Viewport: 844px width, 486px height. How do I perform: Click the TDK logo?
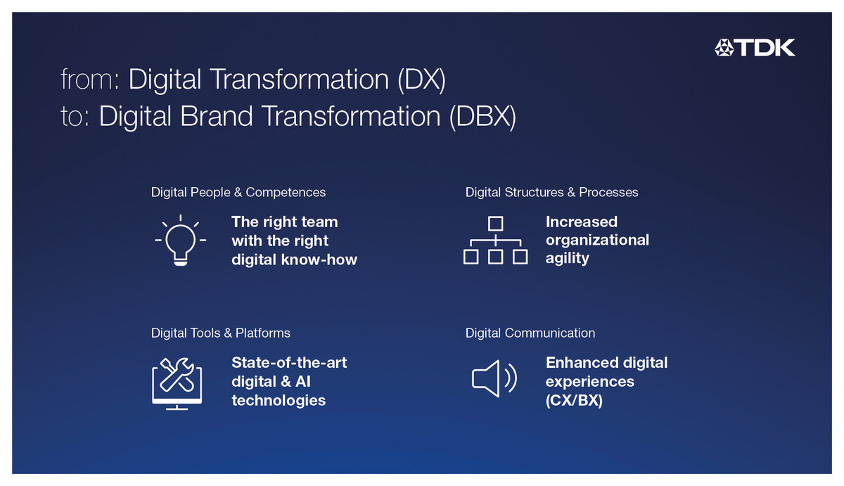755,48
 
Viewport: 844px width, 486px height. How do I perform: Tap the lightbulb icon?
181,241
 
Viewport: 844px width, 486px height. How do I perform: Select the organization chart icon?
495,241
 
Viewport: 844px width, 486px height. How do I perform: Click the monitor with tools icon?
177,383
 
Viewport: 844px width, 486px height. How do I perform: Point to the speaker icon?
494,378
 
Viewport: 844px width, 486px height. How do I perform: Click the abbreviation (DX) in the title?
421,80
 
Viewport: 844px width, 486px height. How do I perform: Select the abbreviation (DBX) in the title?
482,117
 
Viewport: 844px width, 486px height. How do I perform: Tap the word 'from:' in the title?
90,79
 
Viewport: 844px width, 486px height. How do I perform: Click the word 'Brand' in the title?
217,116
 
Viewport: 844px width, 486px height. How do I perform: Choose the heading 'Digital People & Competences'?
238,193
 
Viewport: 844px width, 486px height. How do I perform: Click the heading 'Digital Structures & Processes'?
551,193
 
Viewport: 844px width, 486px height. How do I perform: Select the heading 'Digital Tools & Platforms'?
220,333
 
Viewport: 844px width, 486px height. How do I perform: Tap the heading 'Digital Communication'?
530,333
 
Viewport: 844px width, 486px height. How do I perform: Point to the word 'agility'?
567,259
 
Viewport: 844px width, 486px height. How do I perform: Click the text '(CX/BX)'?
574,400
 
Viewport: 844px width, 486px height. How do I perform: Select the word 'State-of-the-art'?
289,363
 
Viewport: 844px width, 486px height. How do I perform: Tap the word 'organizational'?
597,241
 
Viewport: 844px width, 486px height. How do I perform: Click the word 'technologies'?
279,400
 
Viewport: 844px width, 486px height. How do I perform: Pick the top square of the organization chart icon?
495,224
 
